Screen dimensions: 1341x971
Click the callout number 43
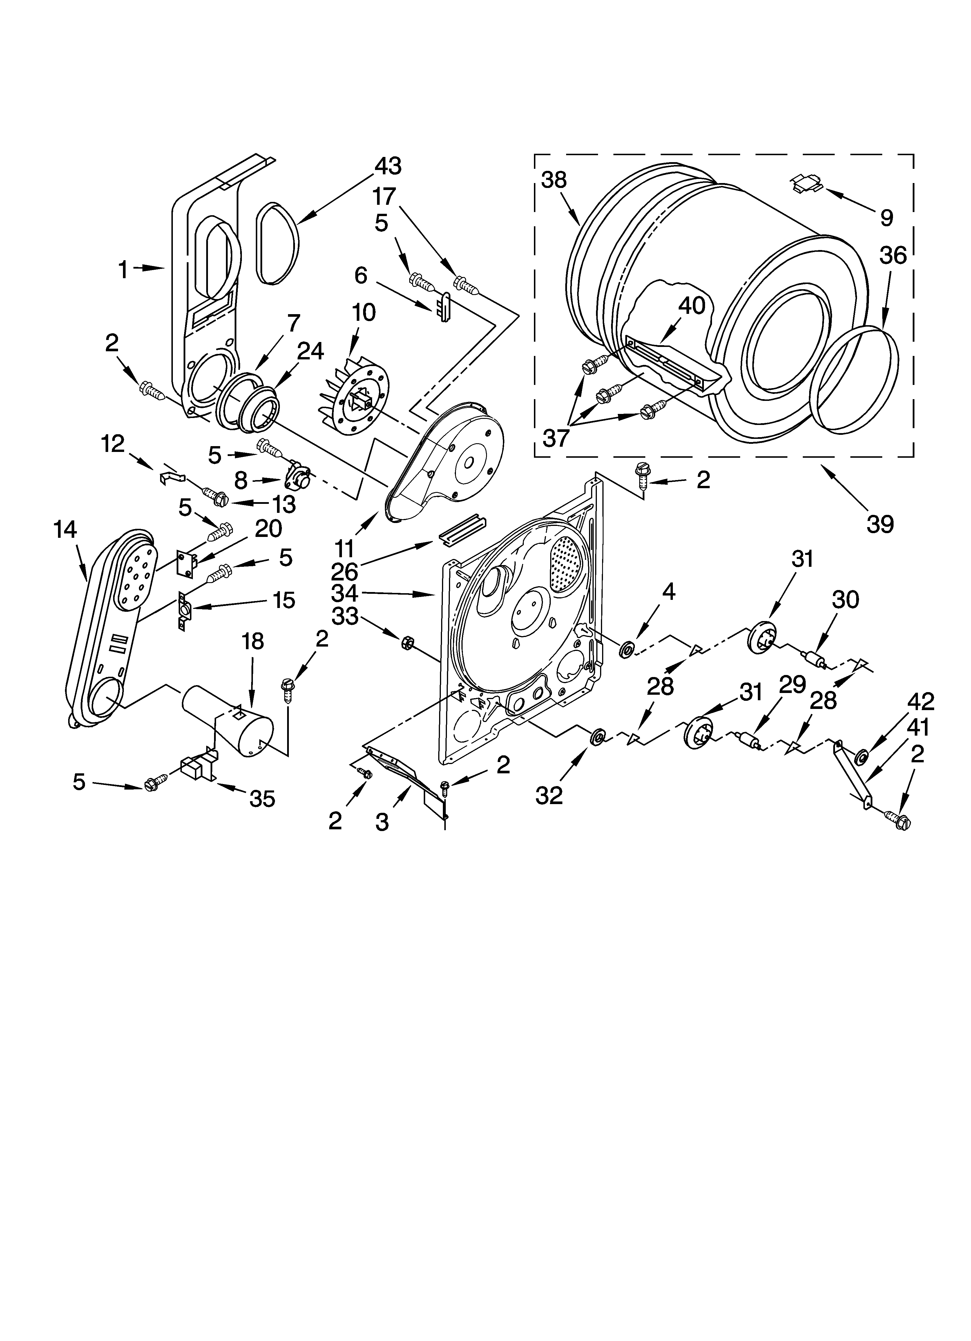[x=387, y=166]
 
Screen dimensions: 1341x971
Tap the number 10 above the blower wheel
[x=364, y=313]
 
